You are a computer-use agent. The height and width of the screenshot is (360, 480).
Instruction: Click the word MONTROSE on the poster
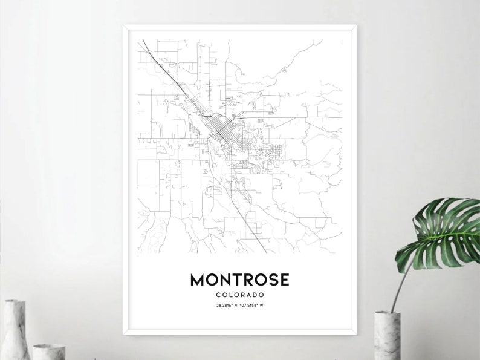click(239, 280)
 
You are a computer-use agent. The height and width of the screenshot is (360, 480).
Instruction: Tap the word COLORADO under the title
click(239, 295)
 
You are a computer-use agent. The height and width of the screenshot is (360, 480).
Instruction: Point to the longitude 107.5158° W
click(253, 305)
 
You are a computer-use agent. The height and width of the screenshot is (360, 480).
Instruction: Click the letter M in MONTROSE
click(197, 280)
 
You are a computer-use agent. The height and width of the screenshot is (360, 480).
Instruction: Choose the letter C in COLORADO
click(217, 295)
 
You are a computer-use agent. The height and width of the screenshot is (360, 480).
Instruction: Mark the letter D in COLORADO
click(255, 295)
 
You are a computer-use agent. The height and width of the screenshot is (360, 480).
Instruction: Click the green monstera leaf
click(444, 233)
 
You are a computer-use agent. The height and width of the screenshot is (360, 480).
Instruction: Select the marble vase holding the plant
click(388, 335)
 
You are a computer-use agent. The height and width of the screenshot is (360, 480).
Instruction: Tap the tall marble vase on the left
click(16, 330)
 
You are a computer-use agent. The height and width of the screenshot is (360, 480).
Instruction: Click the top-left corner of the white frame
click(124, 25)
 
